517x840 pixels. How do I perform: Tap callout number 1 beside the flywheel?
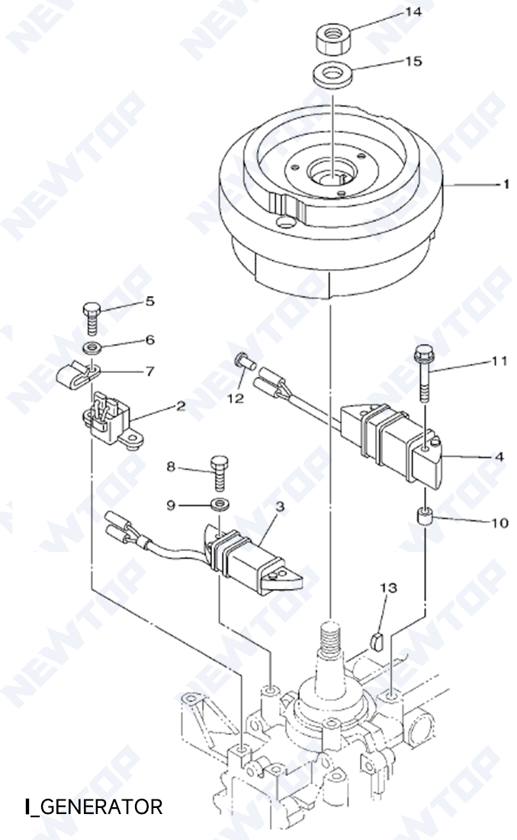click(505, 184)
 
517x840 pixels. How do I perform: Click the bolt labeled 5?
click(89, 317)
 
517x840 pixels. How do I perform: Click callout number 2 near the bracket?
click(181, 406)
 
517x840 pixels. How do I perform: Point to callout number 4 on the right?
click(499, 457)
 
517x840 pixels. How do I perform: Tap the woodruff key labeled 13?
click(374, 639)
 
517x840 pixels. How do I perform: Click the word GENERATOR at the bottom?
click(100, 806)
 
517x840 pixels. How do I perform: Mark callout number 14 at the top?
click(413, 13)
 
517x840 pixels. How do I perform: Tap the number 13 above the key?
click(389, 587)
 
